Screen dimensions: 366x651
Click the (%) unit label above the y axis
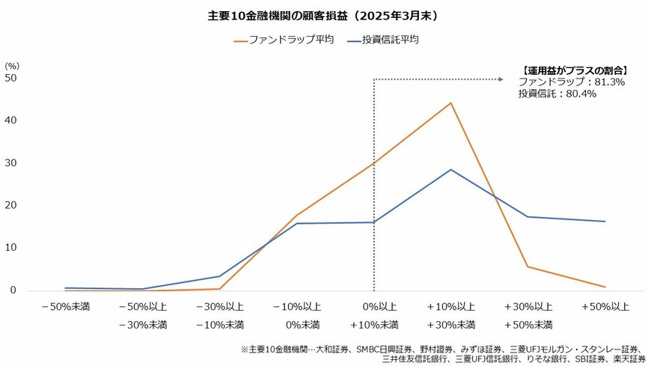coord(13,66)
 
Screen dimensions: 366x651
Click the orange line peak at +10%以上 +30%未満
coord(450,103)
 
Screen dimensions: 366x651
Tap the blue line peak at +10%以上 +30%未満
coord(450,169)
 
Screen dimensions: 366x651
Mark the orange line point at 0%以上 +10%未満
coord(373,163)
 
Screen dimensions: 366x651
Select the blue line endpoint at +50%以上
coord(605,222)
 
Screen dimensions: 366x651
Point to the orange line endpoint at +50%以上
coord(605,287)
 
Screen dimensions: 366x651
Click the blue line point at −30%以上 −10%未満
coord(219,276)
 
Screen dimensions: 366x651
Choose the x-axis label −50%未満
coord(65,307)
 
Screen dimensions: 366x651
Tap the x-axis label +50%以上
coord(605,307)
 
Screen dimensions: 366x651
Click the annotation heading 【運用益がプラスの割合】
coord(574,70)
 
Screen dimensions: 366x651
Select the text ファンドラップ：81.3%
coord(571,82)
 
